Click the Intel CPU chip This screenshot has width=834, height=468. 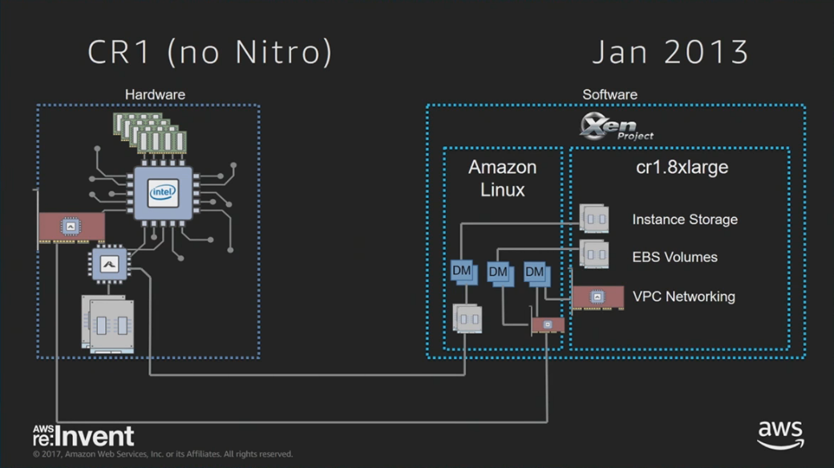[x=163, y=193]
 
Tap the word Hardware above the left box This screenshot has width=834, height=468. [x=155, y=95]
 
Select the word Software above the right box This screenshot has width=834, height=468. [x=609, y=95]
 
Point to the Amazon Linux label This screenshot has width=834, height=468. [x=503, y=179]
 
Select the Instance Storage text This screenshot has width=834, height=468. [x=684, y=220]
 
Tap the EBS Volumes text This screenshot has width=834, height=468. [x=674, y=257]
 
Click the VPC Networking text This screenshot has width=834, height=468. [x=683, y=297]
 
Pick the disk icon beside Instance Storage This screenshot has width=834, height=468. [x=594, y=218]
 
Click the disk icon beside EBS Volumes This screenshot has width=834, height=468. [x=594, y=255]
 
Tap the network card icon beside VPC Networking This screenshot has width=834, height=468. [x=597, y=297]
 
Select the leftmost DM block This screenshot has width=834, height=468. [x=464, y=272]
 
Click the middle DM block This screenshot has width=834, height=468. [x=500, y=273]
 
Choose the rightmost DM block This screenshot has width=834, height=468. [x=536, y=273]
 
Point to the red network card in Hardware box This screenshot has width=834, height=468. [x=71, y=227]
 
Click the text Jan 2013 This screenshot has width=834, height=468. [x=670, y=52]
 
